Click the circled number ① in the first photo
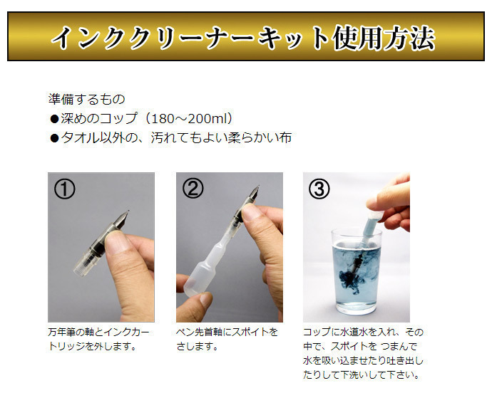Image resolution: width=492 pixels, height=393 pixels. (x=65, y=189)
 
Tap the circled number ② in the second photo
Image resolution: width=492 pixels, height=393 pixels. (x=193, y=189)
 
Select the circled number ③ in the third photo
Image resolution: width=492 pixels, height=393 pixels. (x=319, y=189)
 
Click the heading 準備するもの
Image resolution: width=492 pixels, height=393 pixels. (x=86, y=99)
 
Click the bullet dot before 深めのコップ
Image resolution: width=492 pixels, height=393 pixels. (x=54, y=119)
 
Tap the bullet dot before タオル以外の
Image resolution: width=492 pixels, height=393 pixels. (x=54, y=138)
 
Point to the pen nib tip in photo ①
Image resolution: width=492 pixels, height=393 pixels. (x=128, y=211)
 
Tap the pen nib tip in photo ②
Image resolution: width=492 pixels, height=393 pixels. (x=259, y=187)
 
